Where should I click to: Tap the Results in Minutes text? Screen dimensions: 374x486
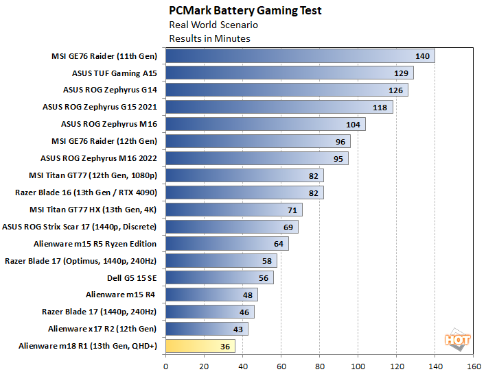click(x=209, y=38)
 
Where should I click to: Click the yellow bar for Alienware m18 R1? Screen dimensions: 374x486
click(x=200, y=346)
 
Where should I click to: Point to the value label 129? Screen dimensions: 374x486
click(x=403, y=73)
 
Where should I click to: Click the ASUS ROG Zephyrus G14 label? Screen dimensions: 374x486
click(x=110, y=90)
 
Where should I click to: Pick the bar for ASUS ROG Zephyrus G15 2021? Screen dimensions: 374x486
click(x=279, y=107)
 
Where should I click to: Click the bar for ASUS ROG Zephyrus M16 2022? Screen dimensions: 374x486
click(x=257, y=158)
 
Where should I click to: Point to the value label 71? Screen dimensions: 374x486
click(x=292, y=210)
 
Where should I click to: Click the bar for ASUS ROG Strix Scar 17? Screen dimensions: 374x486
click(x=231, y=227)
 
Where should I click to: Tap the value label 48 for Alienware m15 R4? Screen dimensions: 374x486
click(x=247, y=295)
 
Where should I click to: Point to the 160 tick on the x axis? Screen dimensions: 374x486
click(x=472, y=366)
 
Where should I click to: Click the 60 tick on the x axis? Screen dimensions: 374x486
click(x=281, y=366)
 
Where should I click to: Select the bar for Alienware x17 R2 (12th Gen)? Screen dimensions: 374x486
click(x=207, y=329)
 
